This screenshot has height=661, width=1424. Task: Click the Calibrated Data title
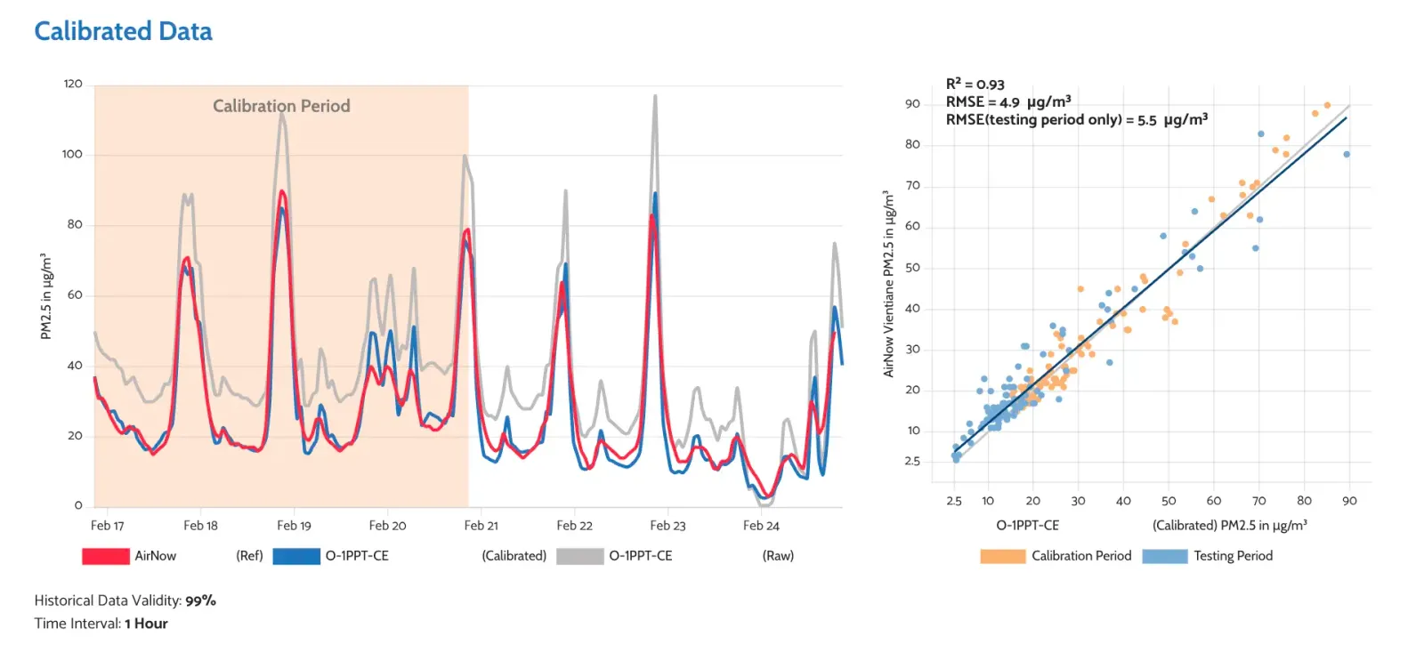coord(123,31)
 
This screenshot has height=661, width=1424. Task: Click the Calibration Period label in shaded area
coord(281,106)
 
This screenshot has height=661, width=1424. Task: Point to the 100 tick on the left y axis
coord(72,154)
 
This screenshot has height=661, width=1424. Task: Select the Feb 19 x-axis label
coord(294,526)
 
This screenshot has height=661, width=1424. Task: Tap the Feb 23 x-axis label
coord(667,526)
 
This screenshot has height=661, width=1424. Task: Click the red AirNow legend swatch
coord(105,556)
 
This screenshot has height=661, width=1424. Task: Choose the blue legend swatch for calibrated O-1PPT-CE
coord(295,556)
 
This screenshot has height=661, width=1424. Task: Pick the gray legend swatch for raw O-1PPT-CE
coord(579,556)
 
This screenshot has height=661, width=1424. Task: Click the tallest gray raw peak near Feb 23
coord(655,96)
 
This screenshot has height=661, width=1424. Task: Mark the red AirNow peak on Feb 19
coord(282,191)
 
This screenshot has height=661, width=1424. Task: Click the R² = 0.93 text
coord(975,85)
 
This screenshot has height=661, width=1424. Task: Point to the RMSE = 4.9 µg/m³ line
coord(1007,101)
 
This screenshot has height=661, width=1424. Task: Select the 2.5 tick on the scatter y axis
coord(912,461)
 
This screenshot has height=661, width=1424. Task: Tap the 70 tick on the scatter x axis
coord(1258,501)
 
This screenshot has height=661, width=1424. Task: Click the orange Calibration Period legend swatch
coord(1002,556)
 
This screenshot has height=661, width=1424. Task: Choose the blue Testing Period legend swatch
coord(1164,556)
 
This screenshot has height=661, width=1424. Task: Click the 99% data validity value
coord(200,601)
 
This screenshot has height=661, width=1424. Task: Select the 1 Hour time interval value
coord(146,624)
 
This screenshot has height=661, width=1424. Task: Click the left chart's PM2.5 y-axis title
coord(46,296)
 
